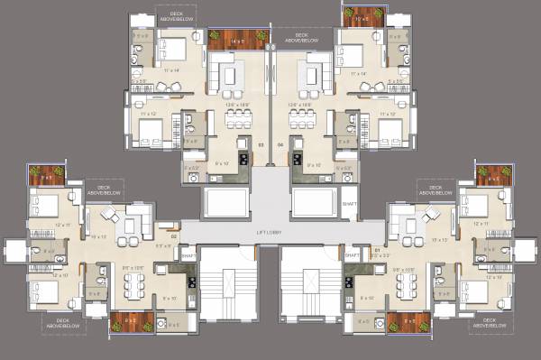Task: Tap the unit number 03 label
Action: (261, 144)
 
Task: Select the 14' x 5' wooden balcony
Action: (238, 39)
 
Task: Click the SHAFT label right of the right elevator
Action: (348, 204)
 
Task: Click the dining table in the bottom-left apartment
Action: (133, 285)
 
